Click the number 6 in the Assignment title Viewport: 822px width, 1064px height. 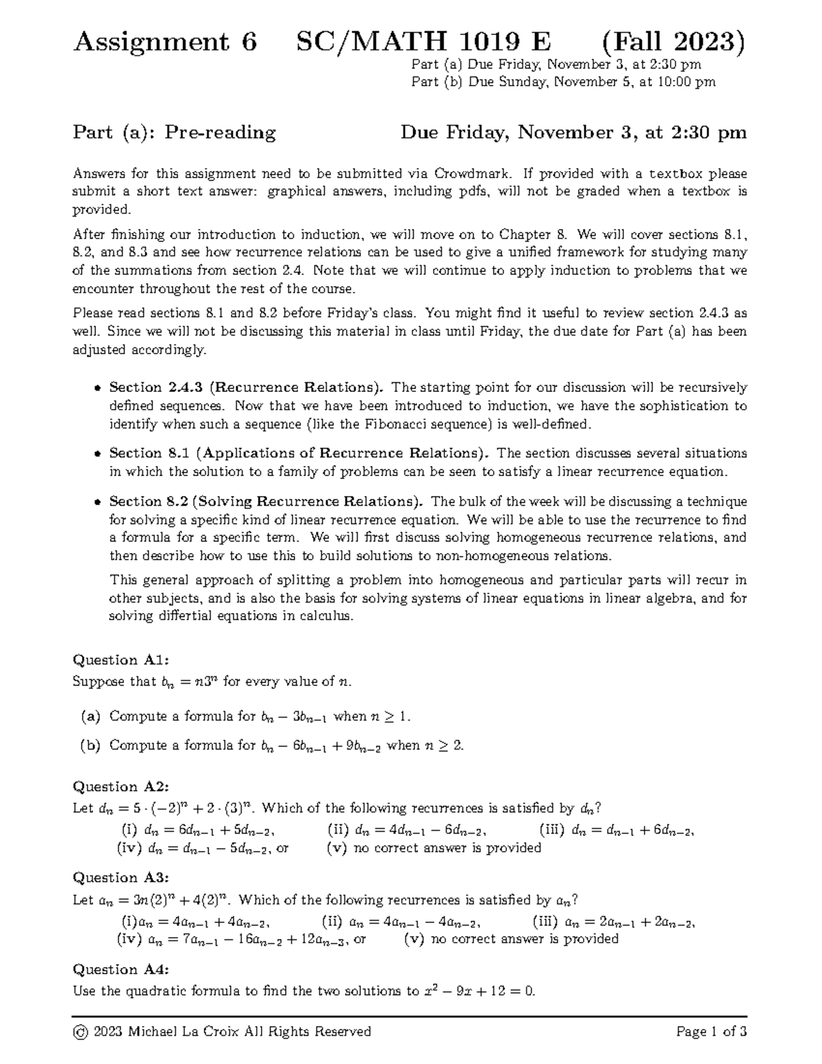click(249, 42)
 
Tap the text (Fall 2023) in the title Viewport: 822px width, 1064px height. click(673, 42)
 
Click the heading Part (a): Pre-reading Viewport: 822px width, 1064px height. click(174, 132)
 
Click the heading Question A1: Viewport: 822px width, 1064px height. click(121, 660)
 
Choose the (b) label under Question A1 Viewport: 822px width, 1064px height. click(90, 745)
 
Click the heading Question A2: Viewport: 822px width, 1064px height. click(121, 787)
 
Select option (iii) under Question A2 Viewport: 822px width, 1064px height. click(552, 830)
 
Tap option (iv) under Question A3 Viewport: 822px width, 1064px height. click(130, 939)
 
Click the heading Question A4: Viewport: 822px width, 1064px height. click(121, 969)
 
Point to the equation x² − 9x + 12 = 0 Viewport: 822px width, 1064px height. click(480, 991)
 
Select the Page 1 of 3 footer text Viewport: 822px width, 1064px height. click(711, 1032)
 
